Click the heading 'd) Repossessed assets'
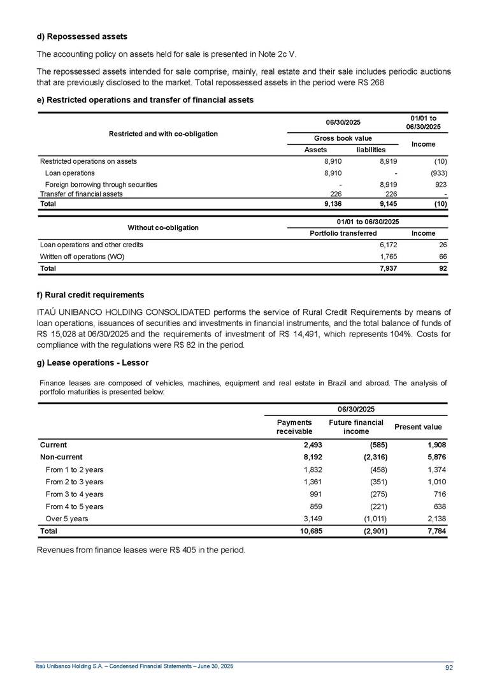tap(82, 36)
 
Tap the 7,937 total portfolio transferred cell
tap(379, 269)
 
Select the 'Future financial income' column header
tap(356, 427)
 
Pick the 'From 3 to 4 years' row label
tap(75, 494)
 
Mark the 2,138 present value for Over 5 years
tap(437, 519)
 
